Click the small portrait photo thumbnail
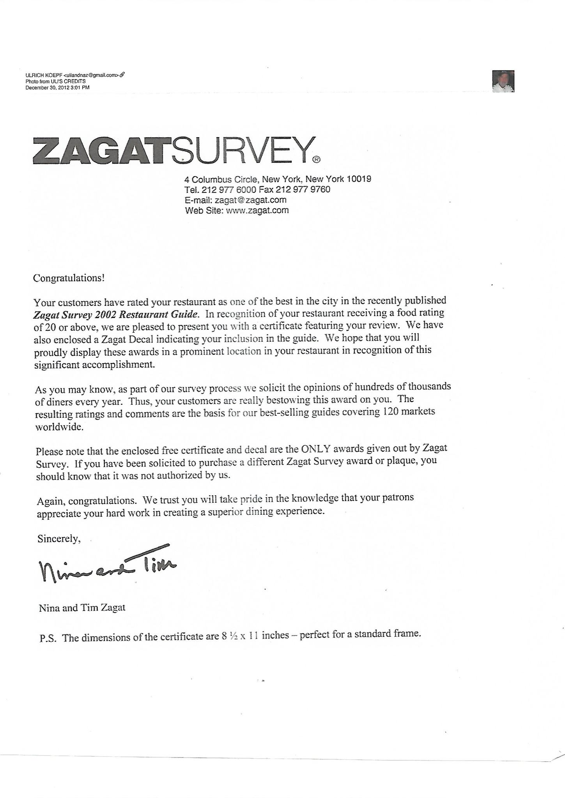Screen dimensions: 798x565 (503, 81)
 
